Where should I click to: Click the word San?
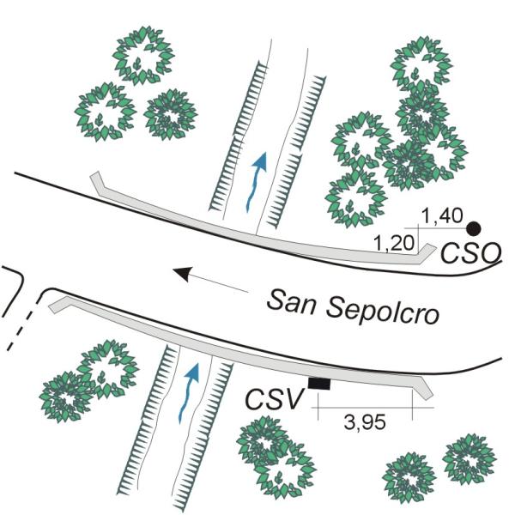[x=290, y=300]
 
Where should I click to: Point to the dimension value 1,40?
[x=443, y=216]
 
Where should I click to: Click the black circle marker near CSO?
[x=473, y=228]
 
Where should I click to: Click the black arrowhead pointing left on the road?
[x=182, y=274]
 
